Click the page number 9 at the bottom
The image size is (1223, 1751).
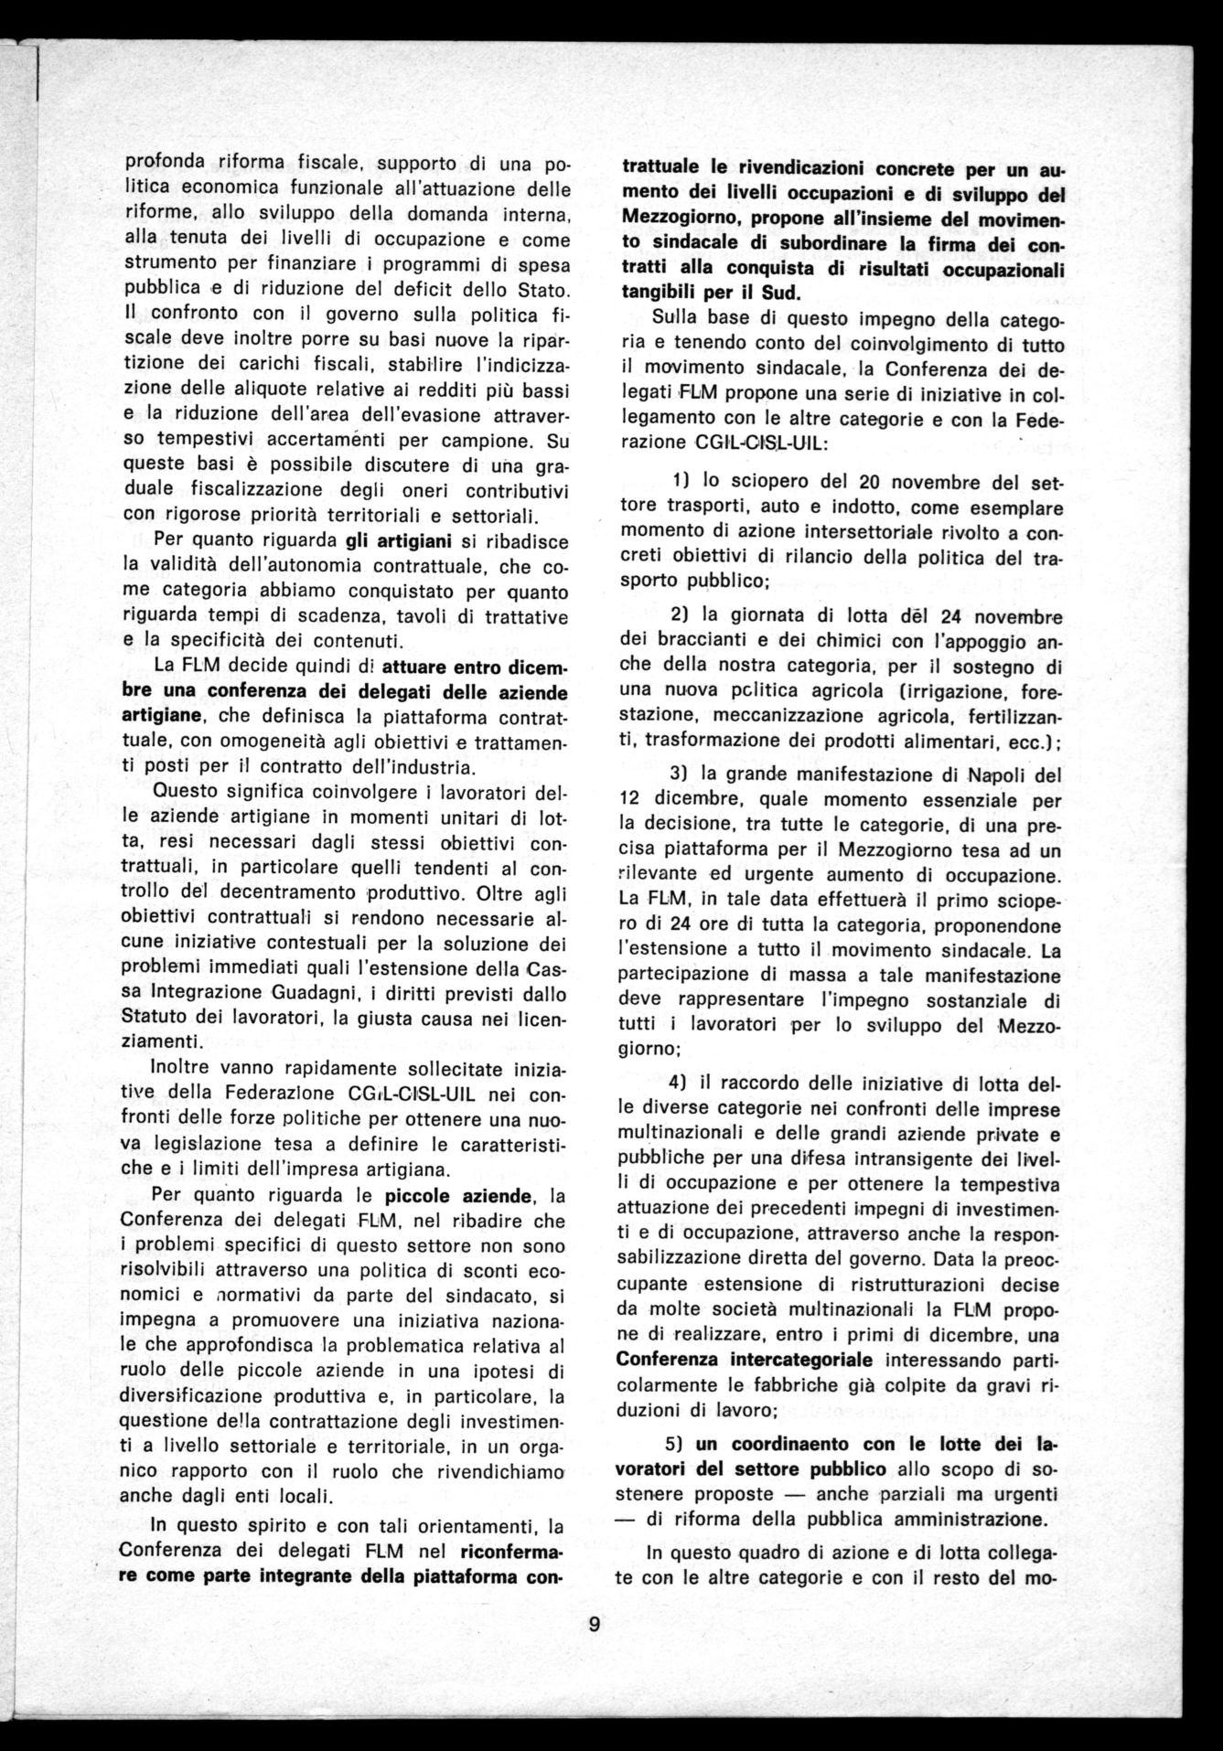(594, 1626)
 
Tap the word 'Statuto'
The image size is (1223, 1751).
(154, 1016)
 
